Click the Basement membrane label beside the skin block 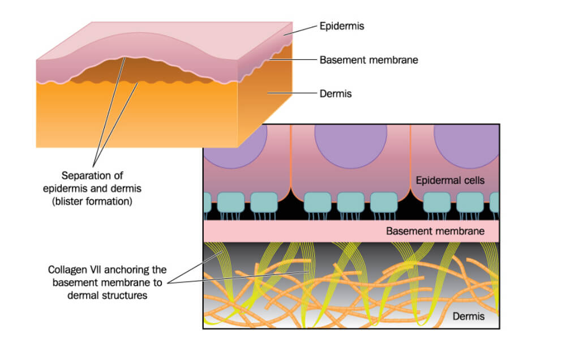pos(368,59)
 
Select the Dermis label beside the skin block pos(336,93)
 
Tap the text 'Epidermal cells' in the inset pos(450,181)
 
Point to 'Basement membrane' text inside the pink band pos(435,231)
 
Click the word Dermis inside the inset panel pos(468,316)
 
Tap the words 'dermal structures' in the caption pos(112,295)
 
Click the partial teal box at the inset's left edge pos(207,203)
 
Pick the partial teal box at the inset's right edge pos(496,203)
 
